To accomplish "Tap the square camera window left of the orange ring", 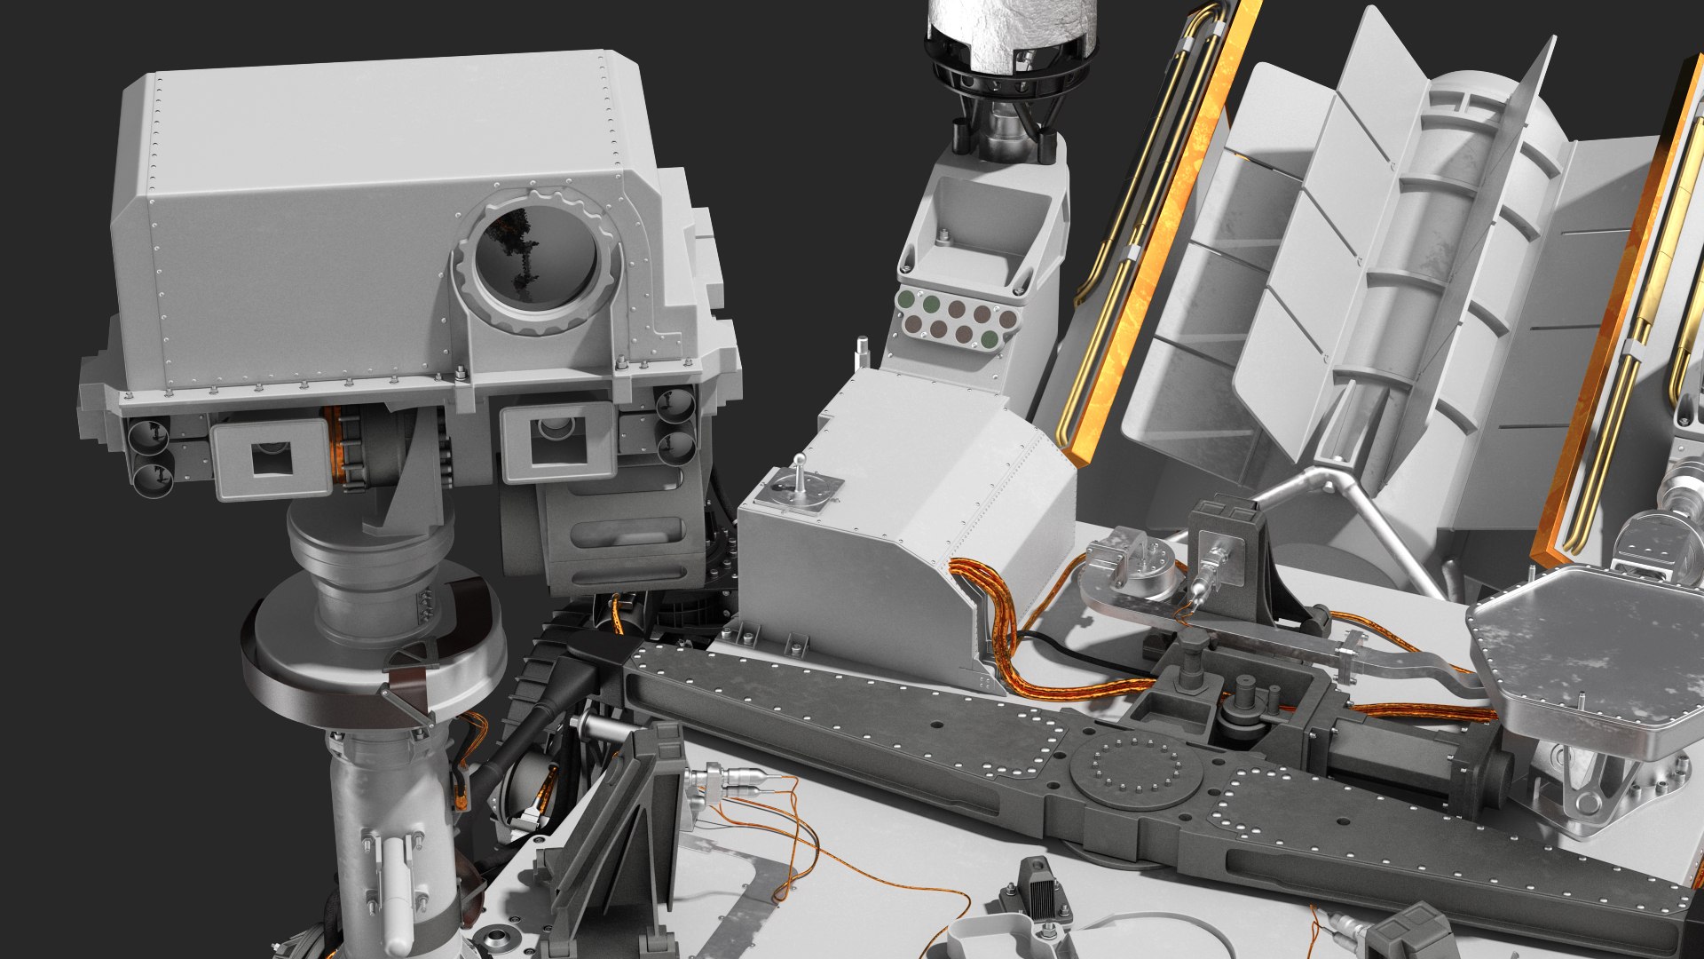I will tap(271, 459).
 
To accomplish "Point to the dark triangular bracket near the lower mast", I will tap(612, 826).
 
